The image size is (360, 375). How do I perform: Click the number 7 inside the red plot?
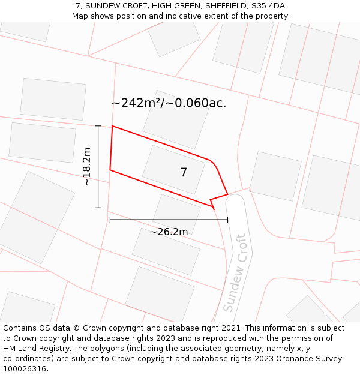coord(184,173)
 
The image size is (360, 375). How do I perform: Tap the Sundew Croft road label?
coord(235,273)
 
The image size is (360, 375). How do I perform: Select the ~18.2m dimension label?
coord(88,166)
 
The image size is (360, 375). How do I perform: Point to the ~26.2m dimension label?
coord(169,232)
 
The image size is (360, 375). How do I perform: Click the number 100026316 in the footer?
coord(23,368)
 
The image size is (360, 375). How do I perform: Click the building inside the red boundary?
coord(173,170)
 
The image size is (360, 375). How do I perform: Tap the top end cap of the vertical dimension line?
coord(98,125)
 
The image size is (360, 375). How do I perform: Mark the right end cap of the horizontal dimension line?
coord(227,220)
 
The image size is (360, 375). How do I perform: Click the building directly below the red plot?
coord(176,214)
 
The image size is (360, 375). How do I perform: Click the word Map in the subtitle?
coord(80,16)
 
